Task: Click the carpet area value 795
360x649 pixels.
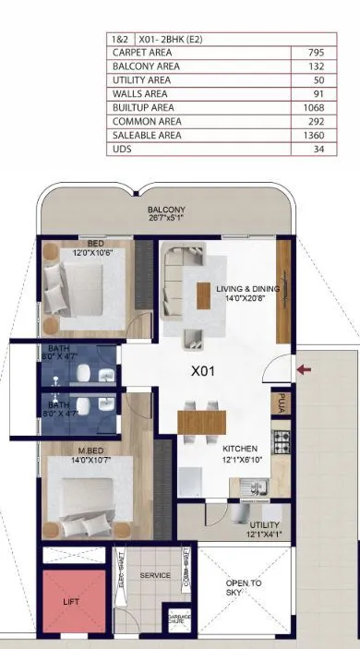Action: point(316,53)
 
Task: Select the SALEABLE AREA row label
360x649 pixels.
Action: point(147,135)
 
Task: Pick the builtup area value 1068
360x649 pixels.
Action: point(314,107)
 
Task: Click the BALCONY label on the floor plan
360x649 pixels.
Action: point(166,210)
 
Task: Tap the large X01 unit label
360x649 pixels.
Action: point(203,373)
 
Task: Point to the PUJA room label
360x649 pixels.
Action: point(281,403)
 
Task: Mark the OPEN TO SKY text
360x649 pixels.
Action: point(244,587)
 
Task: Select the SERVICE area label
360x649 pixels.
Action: point(155,575)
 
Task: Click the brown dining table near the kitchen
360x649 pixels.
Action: point(201,422)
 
